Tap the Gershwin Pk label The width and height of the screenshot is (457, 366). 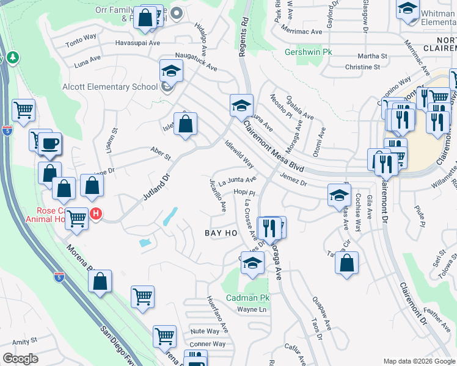(x=309, y=52)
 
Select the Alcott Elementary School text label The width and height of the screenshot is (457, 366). (x=110, y=87)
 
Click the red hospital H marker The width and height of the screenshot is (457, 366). (x=96, y=213)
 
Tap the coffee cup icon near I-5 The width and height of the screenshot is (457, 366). (x=50, y=144)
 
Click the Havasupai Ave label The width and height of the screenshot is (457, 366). (x=138, y=43)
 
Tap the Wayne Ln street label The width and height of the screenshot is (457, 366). (x=253, y=310)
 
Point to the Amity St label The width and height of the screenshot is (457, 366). (x=24, y=341)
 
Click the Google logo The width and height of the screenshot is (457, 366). (x=20, y=359)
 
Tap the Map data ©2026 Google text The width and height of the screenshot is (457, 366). (x=419, y=361)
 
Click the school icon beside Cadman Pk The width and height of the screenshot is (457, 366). (x=250, y=264)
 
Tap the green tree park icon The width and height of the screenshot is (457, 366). (x=12, y=58)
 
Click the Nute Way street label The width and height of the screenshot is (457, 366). (x=204, y=331)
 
